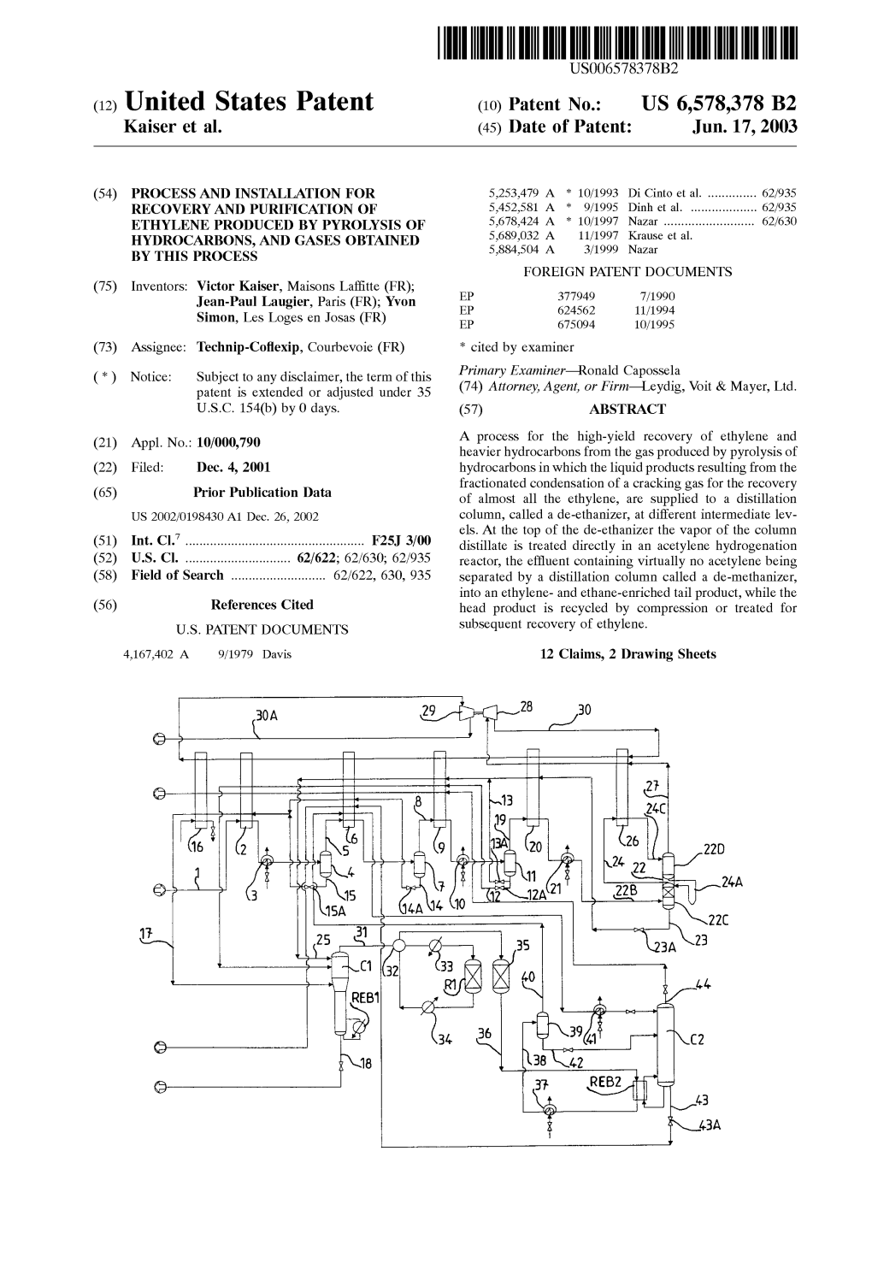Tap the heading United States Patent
tap(249, 103)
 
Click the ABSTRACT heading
tap(627, 409)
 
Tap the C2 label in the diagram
tap(696, 1040)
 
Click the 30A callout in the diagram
tap(267, 714)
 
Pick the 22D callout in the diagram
tap(713, 849)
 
